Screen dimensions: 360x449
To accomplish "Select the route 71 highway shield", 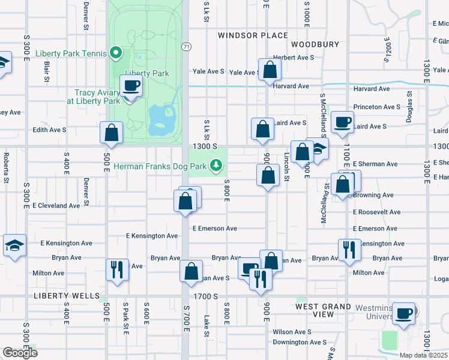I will click(187, 46).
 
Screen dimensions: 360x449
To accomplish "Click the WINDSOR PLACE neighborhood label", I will click(253, 35).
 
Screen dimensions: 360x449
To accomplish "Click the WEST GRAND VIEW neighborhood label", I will click(324, 310).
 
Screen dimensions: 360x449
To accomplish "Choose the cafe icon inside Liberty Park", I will click(131, 86).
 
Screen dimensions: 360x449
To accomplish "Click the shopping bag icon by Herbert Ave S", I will click(270, 70).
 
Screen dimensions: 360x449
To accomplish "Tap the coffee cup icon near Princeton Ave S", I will click(343, 122).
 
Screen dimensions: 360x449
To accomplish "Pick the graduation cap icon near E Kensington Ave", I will click(14, 245).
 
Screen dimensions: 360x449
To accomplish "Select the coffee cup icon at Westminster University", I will click(404, 313).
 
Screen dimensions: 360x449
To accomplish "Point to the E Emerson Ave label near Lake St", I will click(214, 229).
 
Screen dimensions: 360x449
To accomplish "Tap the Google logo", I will click(20, 353).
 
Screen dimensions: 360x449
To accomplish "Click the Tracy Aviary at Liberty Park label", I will click(97, 97).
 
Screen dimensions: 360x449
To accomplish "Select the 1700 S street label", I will click(205, 296).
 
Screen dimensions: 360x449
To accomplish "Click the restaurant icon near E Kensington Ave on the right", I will click(349, 249).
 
